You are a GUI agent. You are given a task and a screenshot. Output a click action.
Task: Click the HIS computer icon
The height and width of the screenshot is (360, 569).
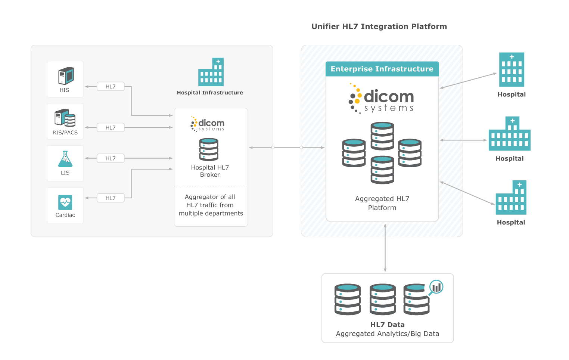(66, 76)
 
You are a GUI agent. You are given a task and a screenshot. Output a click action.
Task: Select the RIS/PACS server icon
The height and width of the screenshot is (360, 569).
(65, 118)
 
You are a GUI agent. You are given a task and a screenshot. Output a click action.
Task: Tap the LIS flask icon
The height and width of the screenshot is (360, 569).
(65, 159)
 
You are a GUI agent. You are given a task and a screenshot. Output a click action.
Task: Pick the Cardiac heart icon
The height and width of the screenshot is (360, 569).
(65, 202)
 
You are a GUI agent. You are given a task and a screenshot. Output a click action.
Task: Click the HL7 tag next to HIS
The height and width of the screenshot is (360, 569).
(111, 87)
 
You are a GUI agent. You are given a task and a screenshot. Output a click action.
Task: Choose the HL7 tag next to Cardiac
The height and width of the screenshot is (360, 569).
(111, 198)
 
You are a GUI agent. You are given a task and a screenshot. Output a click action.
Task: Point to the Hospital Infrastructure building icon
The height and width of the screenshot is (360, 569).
(211, 72)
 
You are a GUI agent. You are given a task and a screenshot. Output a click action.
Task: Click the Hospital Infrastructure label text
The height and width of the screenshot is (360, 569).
(210, 93)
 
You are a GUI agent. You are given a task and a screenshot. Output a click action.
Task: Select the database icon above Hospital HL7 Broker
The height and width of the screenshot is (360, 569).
(209, 149)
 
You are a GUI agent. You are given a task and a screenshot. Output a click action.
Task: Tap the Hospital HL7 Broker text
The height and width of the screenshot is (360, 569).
(210, 171)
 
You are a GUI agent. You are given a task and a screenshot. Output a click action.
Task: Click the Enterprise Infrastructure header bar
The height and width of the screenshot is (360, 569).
(382, 69)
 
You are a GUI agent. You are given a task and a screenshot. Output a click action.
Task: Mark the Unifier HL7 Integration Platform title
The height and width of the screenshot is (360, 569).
(379, 27)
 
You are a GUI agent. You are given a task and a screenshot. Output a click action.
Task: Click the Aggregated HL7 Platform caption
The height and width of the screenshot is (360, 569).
(382, 203)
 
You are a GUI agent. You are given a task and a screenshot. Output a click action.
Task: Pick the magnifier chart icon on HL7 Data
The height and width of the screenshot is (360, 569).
(436, 288)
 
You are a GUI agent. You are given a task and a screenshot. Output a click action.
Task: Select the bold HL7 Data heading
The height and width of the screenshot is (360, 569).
(387, 325)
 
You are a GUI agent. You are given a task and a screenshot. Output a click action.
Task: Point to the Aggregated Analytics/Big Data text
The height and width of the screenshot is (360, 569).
(387, 334)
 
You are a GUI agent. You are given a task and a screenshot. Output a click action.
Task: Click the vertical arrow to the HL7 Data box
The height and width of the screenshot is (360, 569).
(385, 248)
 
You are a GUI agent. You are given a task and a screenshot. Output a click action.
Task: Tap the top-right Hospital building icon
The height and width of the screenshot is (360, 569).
(512, 69)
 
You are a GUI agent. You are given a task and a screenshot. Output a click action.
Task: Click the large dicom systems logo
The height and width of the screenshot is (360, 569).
(382, 99)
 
